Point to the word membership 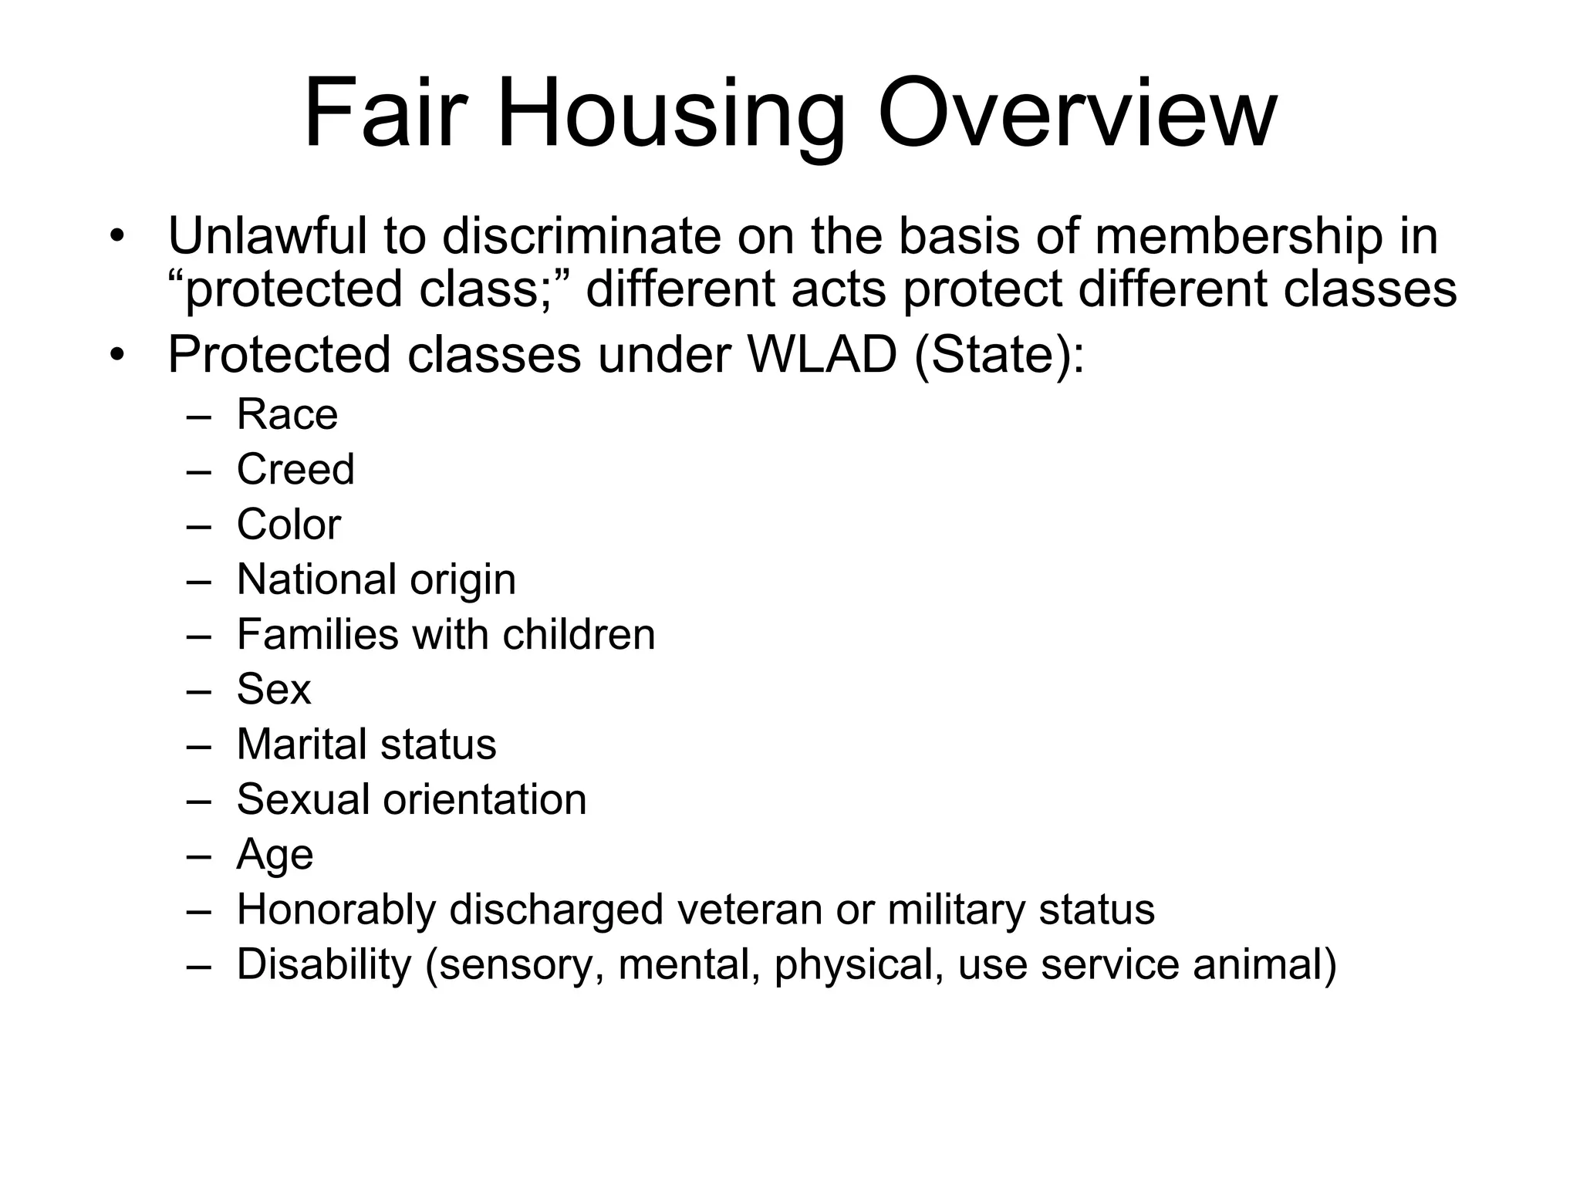click(x=1238, y=238)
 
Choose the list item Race click(x=287, y=414)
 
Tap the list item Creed click(x=295, y=469)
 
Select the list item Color click(x=289, y=525)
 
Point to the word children click(x=579, y=634)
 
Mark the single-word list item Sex click(x=274, y=689)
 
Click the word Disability click(x=324, y=965)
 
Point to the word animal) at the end click(x=1264, y=965)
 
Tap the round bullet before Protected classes click(x=116, y=356)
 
